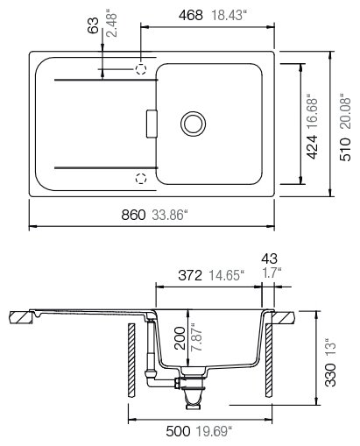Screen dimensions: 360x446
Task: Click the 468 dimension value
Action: click(191, 15)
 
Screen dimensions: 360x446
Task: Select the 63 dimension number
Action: click(94, 25)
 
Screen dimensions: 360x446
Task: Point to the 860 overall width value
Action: click(133, 215)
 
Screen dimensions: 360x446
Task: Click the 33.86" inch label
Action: click(170, 215)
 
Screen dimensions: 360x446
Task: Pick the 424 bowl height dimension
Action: click(312, 147)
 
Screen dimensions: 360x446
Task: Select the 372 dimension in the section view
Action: click(190, 275)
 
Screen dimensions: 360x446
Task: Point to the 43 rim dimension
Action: click(269, 258)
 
